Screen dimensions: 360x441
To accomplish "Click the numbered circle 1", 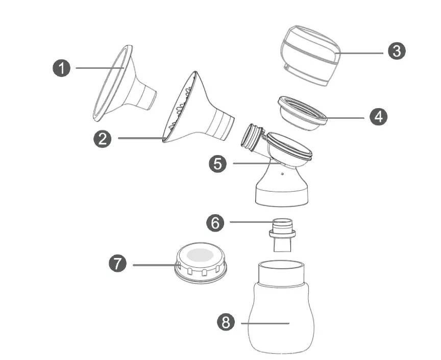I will [x=62, y=68].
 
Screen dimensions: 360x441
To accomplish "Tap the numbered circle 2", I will [x=103, y=139].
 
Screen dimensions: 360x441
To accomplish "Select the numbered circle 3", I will [x=397, y=50].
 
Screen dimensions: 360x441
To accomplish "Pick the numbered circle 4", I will [x=378, y=117].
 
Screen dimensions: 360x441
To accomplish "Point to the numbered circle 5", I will [x=218, y=164].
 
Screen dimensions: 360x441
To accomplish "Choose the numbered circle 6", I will [x=215, y=222].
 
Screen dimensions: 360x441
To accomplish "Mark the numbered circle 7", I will [x=118, y=264].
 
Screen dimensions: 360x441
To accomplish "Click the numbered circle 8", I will [x=226, y=322].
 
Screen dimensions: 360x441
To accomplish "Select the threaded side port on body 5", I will [x=252, y=137].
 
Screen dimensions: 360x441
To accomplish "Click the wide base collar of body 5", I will [x=282, y=196].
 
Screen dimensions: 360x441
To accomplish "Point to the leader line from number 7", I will [x=153, y=265].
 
